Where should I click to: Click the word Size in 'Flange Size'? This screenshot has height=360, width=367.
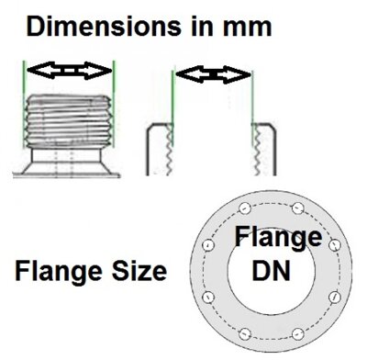135,272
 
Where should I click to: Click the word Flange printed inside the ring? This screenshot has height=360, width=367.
278,238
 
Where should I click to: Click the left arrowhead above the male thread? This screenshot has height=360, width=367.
32,70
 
